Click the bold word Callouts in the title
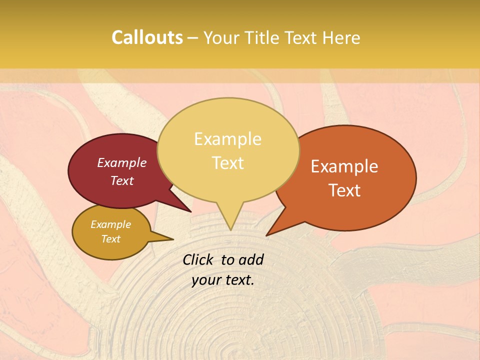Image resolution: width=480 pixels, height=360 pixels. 147,37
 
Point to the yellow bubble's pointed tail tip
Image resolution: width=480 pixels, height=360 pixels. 230,229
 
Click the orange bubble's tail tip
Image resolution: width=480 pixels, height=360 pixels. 267,235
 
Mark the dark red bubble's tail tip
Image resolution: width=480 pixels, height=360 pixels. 190,211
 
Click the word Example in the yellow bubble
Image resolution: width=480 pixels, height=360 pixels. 227,139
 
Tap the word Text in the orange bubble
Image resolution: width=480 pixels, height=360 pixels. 344,190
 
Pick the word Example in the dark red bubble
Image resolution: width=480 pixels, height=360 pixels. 121,162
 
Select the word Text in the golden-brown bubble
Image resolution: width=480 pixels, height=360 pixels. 110,239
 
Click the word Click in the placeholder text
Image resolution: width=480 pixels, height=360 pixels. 198,259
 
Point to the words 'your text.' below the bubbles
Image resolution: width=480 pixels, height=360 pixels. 222,280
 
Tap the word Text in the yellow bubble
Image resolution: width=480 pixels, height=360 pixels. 227,163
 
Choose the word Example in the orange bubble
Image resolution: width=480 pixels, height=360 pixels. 344,166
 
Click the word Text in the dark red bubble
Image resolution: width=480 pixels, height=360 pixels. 121,180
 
